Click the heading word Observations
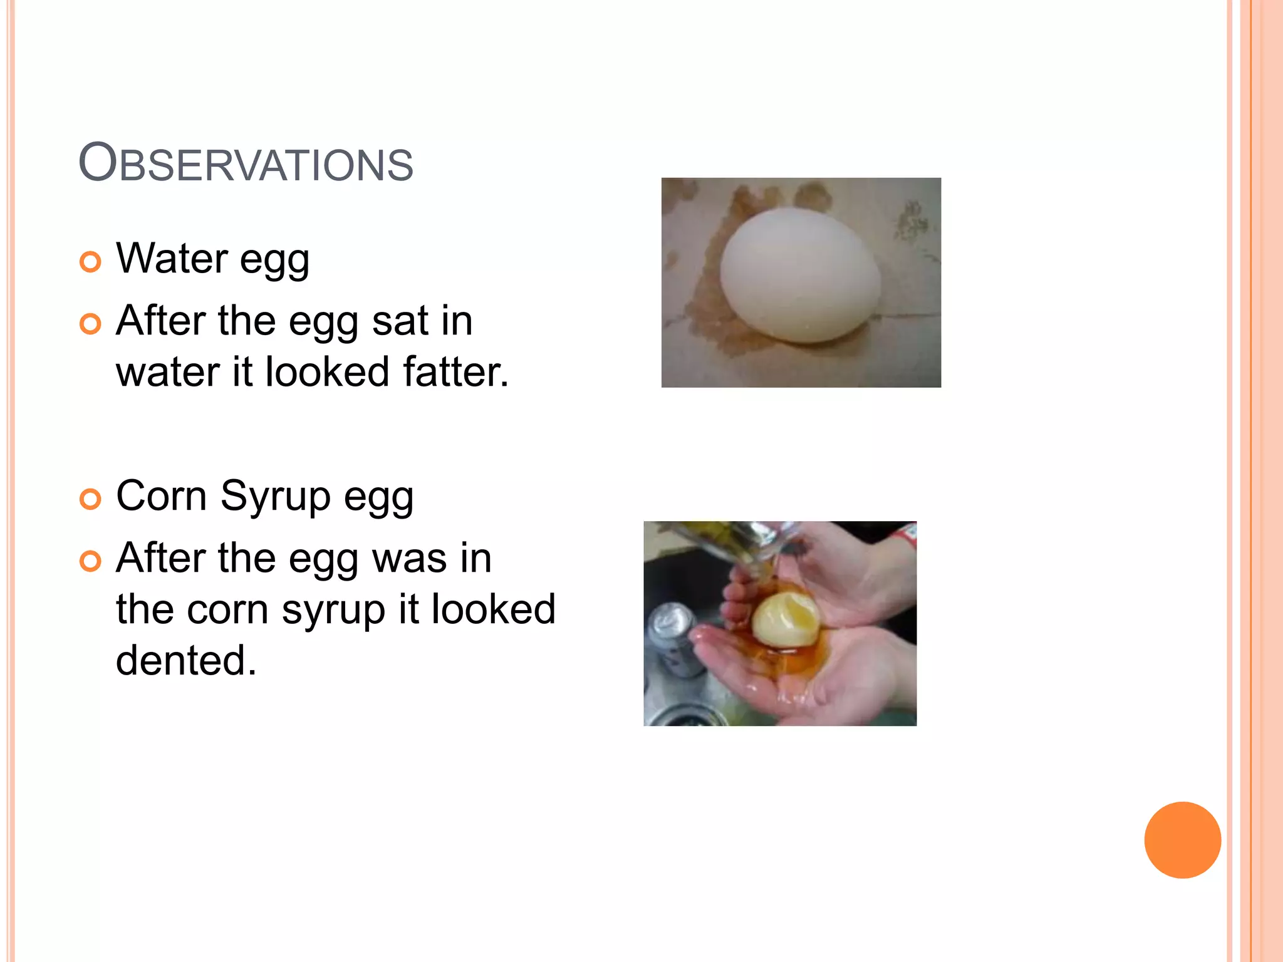pyautogui.click(x=246, y=163)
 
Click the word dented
pyautogui.click(x=186, y=660)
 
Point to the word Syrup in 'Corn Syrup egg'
pyautogui.click(x=275, y=496)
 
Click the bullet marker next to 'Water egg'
pyautogui.click(x=90, y=262)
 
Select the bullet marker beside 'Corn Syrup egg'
pyautogui.click(x=90, y=499)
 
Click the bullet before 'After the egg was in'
pyautogui.click(x=90, y=561)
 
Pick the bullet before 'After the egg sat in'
pyautogui.click(x=90, y=324)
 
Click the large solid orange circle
pyautogui.click(x=1182, y=840)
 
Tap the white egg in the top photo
pyautogui.click(x=800, y=276)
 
